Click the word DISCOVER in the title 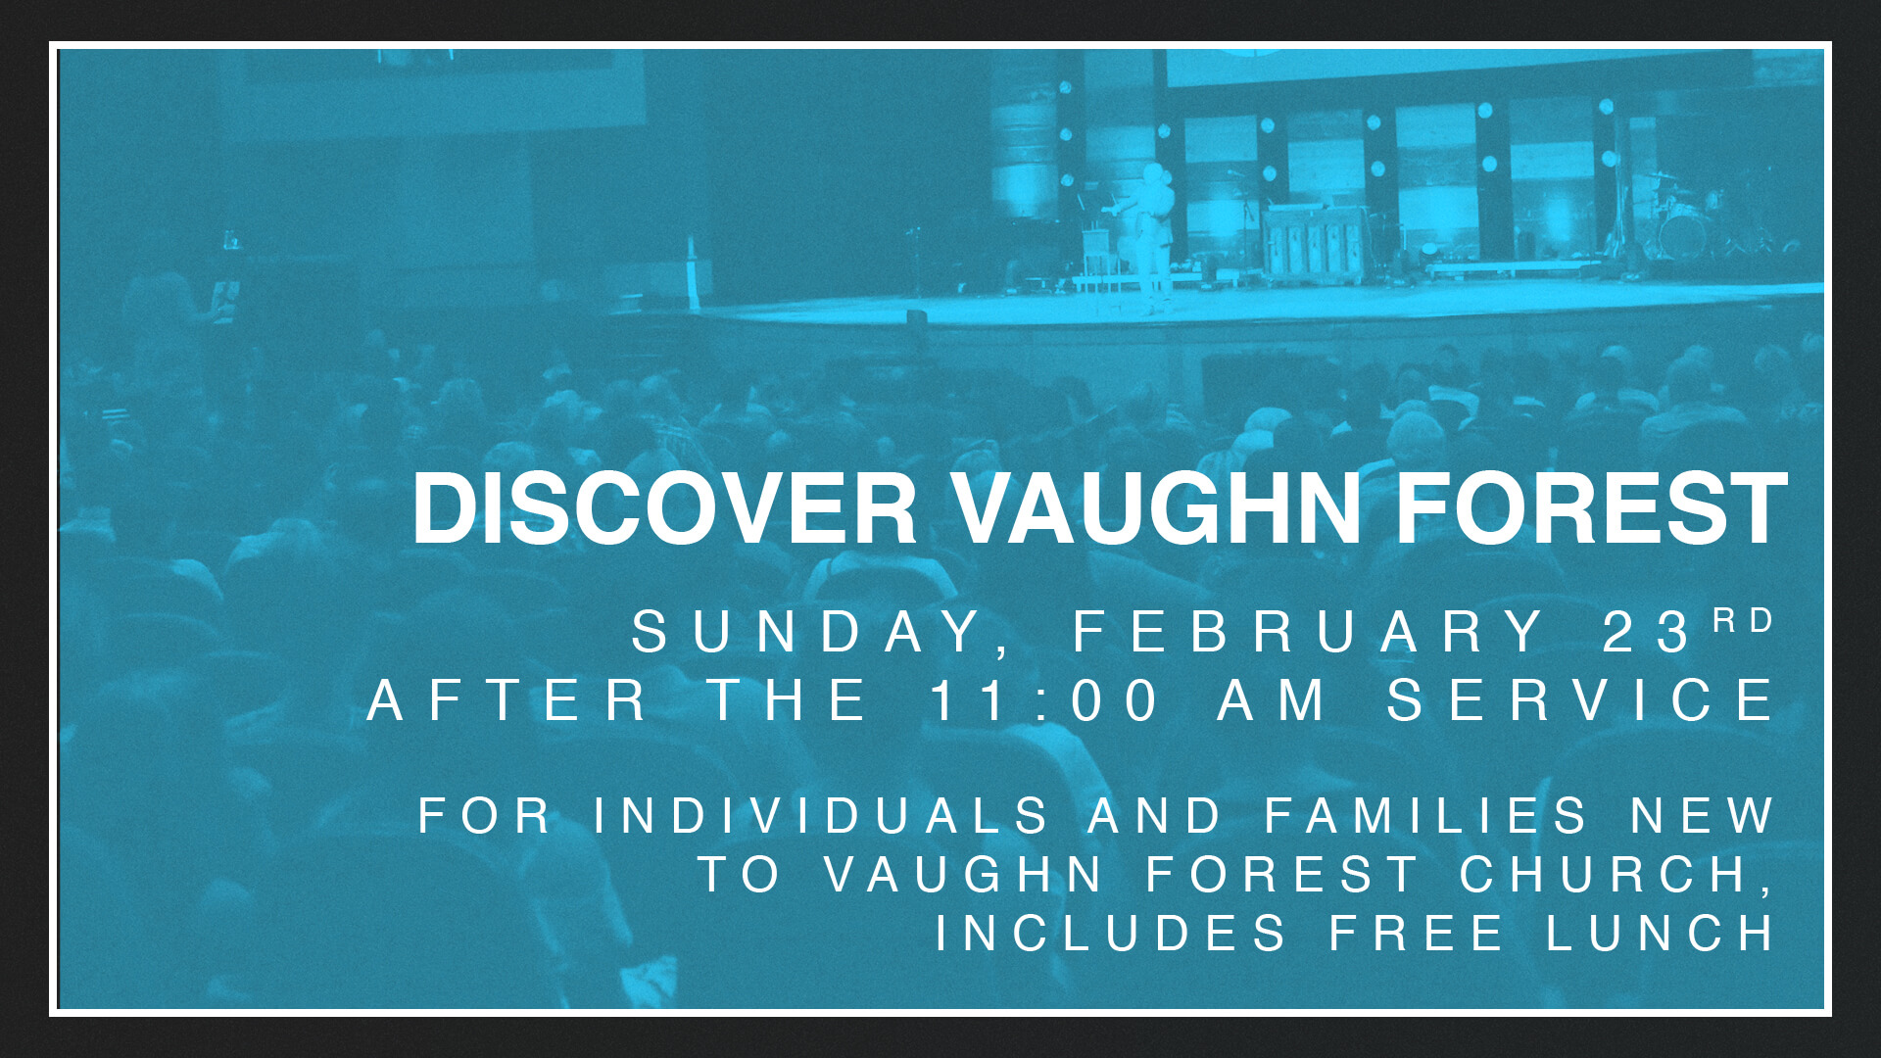[x=664, y=508]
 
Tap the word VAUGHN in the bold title [x=1157, y=508]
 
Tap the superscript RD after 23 [x=1744, y=620]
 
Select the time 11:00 [x=1044, y=700]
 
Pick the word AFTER [x=506, y=700]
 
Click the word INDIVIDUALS [x=821, y=816]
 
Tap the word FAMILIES [x=1425, y=816]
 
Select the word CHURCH [x=1616, y=874]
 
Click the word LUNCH [x=1660, y=933]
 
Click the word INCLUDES [x=1111, y=933]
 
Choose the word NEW [x=1703, y=816]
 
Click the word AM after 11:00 [x=1272, y=700]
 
